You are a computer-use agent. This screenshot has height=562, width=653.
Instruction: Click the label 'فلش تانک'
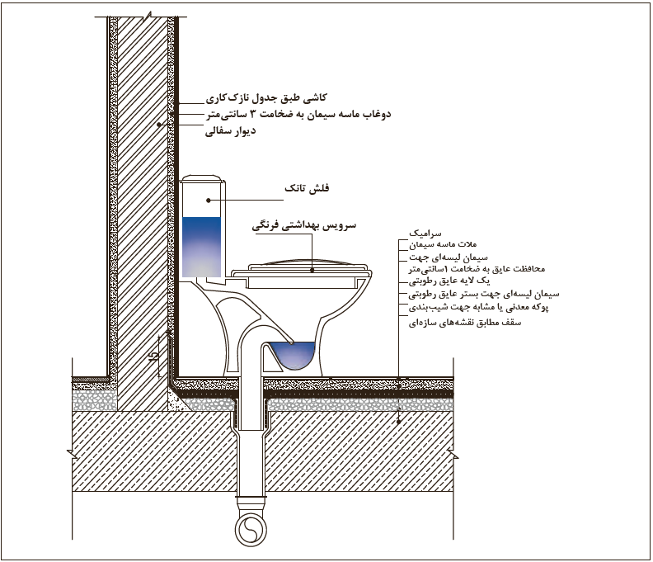pyautogui.click(x=307, y=188)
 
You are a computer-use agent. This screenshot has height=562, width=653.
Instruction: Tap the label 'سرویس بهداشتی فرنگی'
pyautogui.click(x=304, y=225)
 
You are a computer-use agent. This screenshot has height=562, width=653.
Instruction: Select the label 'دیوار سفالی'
pyautogui.click(x=230, y=131)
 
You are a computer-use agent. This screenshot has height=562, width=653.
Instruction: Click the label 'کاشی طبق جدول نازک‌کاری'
pyautogui.click(x=266, y=98)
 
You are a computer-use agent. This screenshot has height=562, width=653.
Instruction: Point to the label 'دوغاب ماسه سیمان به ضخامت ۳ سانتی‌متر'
pyautogui.click(x=298, y=114)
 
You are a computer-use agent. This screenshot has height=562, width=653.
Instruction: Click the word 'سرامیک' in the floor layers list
pyautogui.click(x=425, y=233)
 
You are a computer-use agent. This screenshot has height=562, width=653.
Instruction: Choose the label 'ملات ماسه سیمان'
pyautogui.click(x=442, y=244)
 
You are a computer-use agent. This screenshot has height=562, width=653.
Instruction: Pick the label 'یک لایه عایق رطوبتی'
pyautogui.click(x=449, y=281)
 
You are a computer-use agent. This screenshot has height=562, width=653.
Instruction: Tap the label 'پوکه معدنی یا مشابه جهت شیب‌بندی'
pyautogui.click(x=478, y=307)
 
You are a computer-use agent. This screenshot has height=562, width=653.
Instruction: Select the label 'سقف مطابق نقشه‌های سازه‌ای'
pyautogui.click(x=465, y=323)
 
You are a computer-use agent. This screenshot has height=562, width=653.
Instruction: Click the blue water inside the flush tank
pyautogui.click(x=201, y=247)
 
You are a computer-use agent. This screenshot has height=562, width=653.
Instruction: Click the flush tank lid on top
pyautogui.click(x=201, y=179)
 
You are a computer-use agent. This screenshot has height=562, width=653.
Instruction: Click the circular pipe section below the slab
pyautogui.click(x=251, y=530)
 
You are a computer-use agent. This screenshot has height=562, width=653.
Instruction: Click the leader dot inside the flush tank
pyautogui.click(x=209, y=201)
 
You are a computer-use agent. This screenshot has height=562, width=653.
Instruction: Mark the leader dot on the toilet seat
pyautogui.click(x=312, y=270)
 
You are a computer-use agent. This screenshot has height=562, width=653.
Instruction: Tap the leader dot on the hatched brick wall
pyautogui.click(x=158, y=125)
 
